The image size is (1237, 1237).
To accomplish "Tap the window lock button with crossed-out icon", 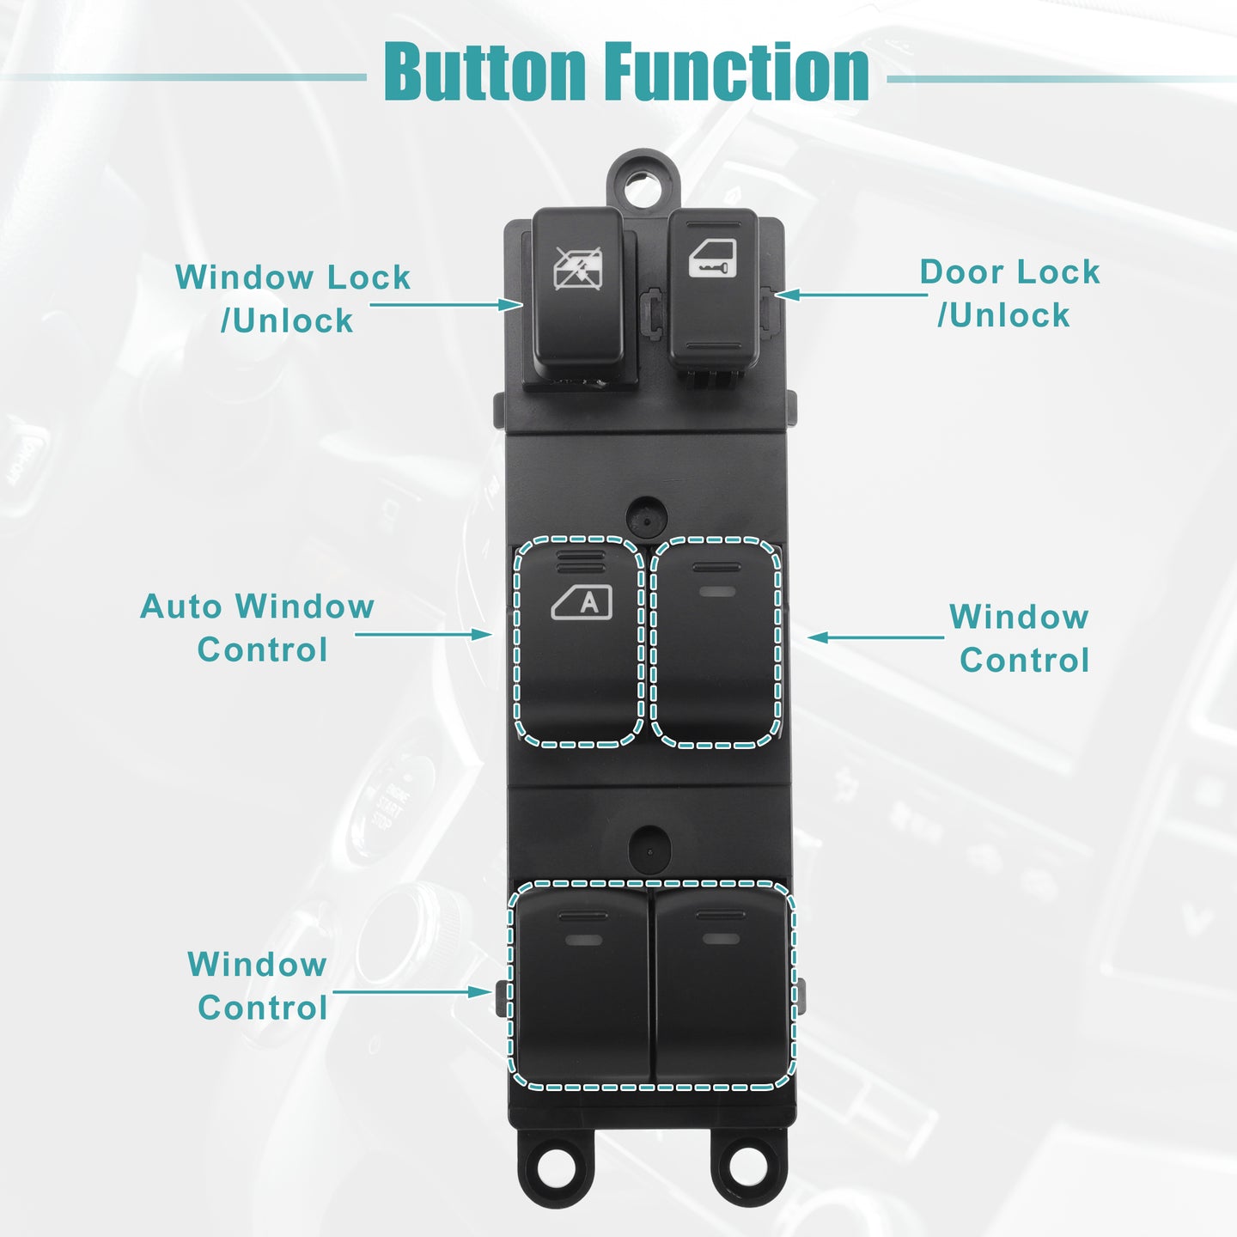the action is coord(578,294).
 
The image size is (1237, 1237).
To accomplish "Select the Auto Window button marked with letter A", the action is coord(579,642).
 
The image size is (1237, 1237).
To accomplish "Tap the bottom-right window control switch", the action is coord(722,984).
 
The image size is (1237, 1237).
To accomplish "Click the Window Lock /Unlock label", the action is coord(292,298).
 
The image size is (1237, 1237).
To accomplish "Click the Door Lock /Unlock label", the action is coord(1009,294).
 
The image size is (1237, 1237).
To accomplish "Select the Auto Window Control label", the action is coord(258,627).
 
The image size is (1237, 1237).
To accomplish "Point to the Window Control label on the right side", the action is coord(1020,638).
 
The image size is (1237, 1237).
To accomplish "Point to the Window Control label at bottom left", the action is coord(258,985).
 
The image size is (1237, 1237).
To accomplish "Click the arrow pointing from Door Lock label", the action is coord(852,295).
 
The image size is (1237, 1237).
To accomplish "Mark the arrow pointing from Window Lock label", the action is coord(446,304).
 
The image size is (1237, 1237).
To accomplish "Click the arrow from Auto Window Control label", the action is coord(424,634).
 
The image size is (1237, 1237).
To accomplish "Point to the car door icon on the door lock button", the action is coord(712,258).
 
